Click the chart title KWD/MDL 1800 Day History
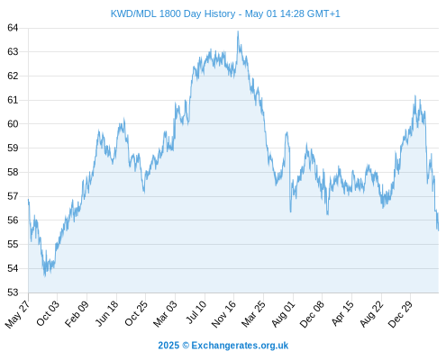(173, 13)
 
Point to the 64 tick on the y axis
(13, 28)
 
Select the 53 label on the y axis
(13, 292)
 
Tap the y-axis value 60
(13, 124)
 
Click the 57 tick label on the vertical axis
(13, 196)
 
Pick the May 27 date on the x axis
(17, 314)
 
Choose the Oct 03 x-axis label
(48, 313)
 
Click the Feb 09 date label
(77, 313)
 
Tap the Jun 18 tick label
(107, 313)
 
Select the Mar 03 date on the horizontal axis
(165, 314)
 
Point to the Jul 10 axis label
(196, 312)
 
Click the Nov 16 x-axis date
(223, 314)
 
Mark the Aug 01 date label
(283, 314)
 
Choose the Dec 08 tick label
(312, 314)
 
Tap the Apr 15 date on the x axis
(342, 313)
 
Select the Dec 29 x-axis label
(400, 314)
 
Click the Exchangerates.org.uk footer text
(240, 346)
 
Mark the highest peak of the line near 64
(238, 31)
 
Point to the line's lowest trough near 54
(45, 276)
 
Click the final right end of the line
(439, 230)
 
